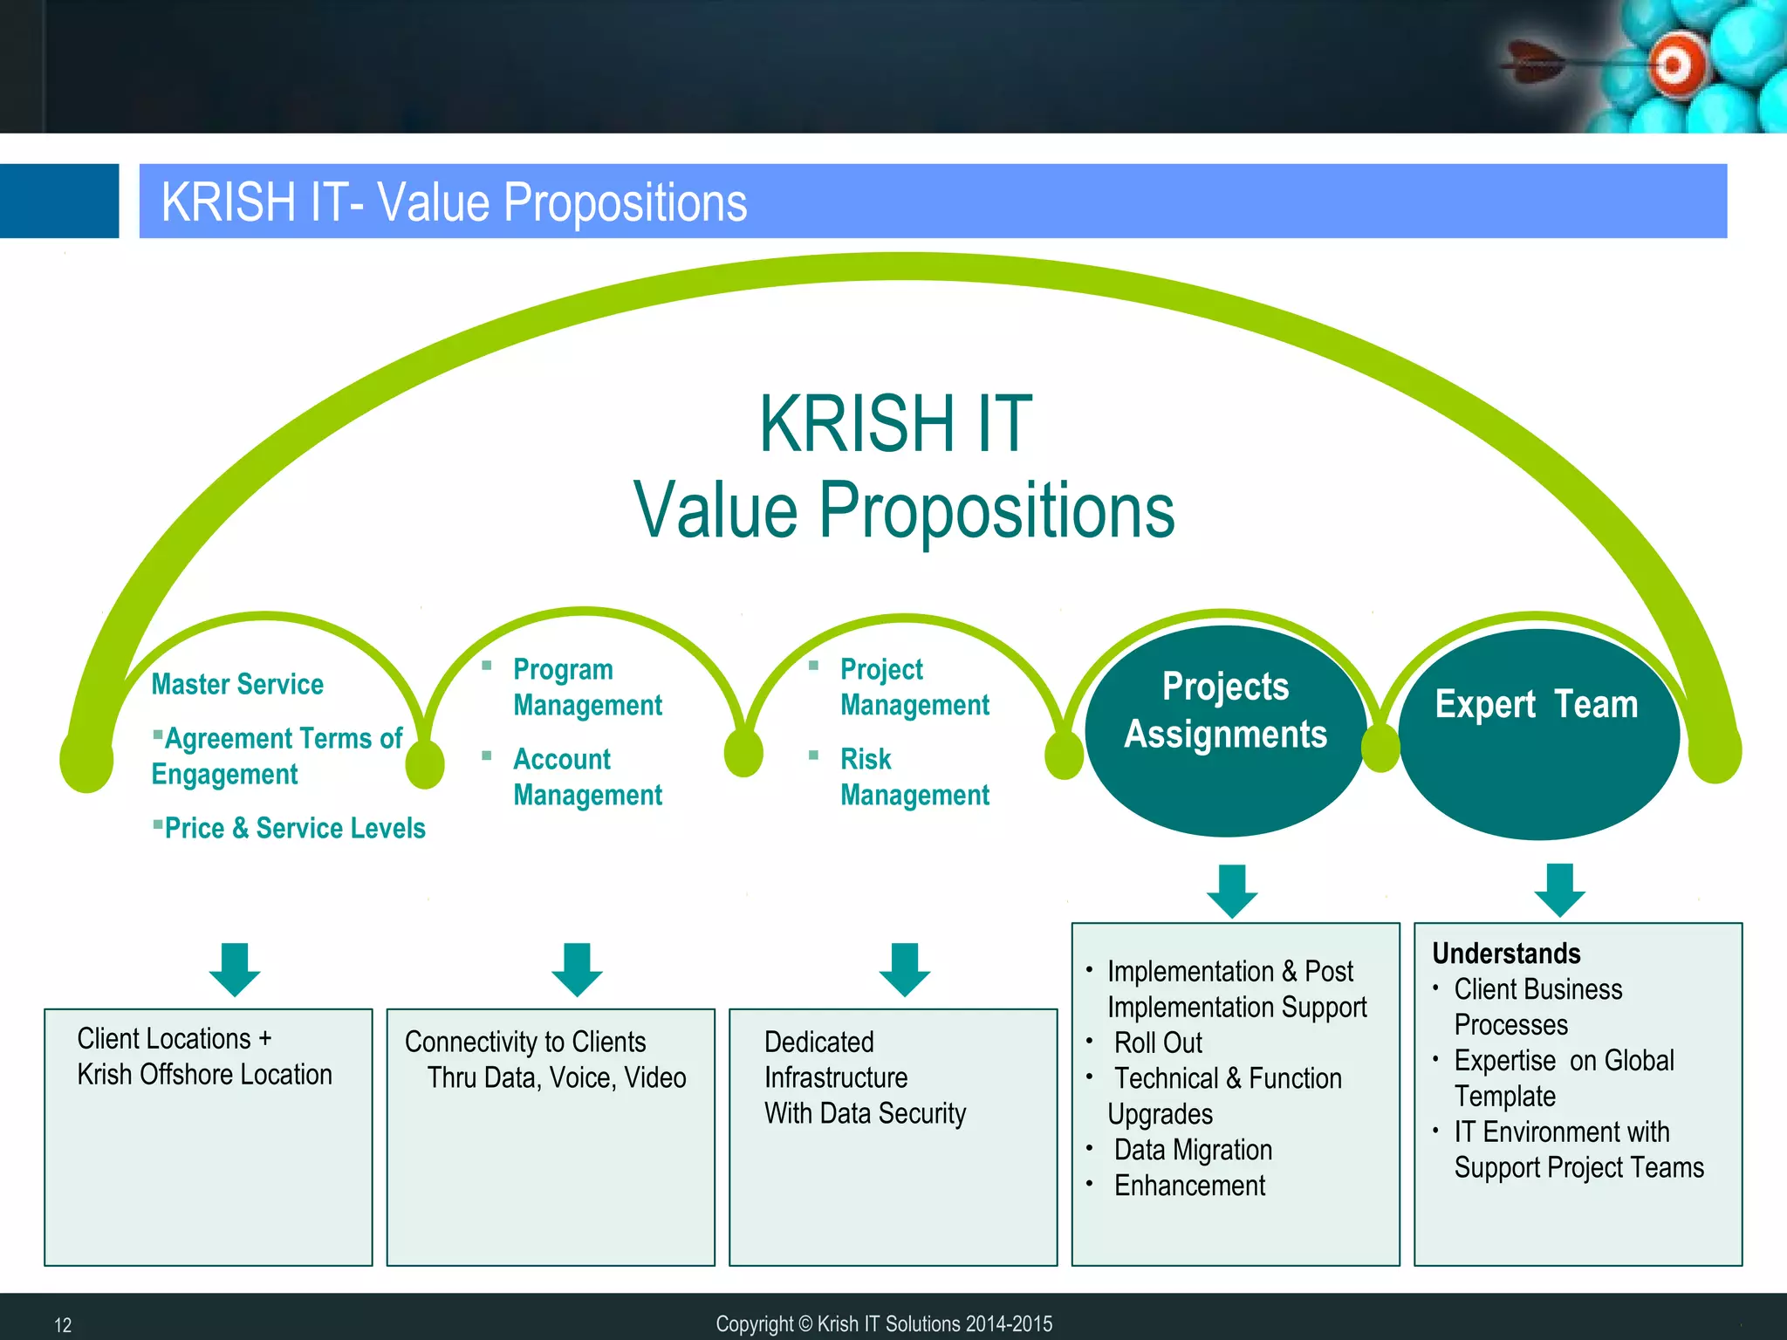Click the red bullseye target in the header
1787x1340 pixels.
coord(1673,65)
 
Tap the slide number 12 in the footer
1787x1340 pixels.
coord(63,1325)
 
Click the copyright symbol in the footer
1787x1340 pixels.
coord(804,1324)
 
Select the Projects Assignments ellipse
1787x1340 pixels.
coord(1225,731)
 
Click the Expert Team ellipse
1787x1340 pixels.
coord(1537,735)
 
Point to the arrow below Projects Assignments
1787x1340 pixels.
coord(1232,891)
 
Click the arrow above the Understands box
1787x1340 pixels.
coord(1559,890)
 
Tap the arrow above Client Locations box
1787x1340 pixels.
coord(235,969)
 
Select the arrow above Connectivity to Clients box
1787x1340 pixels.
coord(577,969)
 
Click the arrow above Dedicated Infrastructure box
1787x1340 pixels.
coord(905,969)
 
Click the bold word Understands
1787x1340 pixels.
coord(1506,954)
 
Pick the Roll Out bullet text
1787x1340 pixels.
coord(1158,1043)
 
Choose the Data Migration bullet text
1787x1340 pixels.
coord(1193,1150)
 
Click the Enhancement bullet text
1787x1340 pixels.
coord(1189,1186)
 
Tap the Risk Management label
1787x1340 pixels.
coord(914,776)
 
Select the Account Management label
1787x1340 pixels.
coord(587,776)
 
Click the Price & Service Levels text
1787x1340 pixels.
coord(294,828)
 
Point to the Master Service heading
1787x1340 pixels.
coord(237,684)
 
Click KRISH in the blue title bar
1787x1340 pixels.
coord(229,202)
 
